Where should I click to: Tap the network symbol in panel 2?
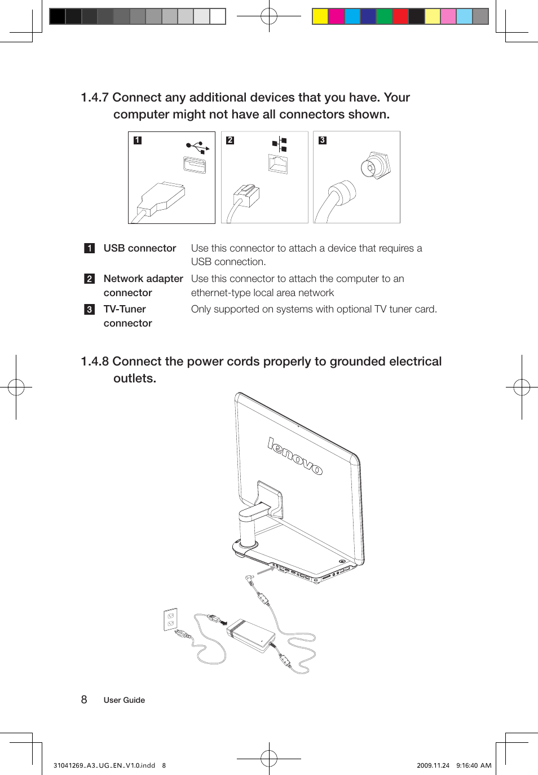280,144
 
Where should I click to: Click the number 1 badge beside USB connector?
90,248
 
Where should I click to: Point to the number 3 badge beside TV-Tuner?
90,310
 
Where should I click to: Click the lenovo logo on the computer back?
295,456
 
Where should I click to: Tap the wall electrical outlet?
171,619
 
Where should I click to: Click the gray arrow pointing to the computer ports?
266,571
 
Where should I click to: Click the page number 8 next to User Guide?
84,700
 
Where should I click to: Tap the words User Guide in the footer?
124,701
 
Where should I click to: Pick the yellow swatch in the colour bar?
320,16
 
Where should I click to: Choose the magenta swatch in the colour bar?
336,16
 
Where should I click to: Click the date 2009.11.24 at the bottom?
433,765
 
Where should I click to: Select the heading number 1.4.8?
95,362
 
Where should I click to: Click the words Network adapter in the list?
143,279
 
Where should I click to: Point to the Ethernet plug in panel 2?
246,196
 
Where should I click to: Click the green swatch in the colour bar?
384,16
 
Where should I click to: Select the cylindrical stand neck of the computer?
248,528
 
